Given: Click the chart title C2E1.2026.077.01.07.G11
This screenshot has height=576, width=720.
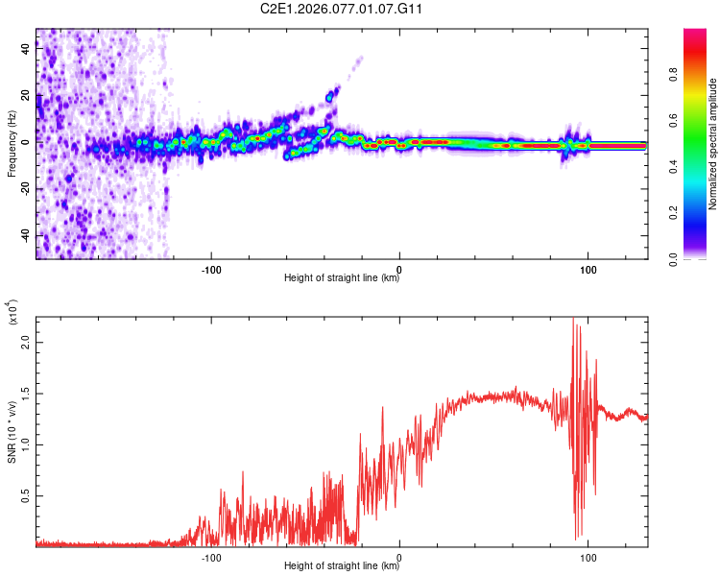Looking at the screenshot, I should tap(342, 9).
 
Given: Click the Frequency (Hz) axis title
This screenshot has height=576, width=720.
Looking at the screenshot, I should tap(12, 144).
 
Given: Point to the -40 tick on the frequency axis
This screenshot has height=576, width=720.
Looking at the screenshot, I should tap(26, 236).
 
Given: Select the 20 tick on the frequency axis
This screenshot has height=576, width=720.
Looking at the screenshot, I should tap(26, 95).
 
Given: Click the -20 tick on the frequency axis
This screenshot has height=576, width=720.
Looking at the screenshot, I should tap(26, 189).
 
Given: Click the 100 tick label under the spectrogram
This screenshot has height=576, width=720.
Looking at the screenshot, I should tap(588, 268).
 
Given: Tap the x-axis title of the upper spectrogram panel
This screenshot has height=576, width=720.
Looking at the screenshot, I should tap(342, 278).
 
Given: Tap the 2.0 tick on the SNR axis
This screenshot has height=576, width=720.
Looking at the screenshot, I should tap(26, 342).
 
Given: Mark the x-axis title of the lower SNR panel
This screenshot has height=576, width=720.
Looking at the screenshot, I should tap(342, 566).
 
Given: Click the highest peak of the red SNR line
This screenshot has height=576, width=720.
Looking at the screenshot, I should tap(573, 318).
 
